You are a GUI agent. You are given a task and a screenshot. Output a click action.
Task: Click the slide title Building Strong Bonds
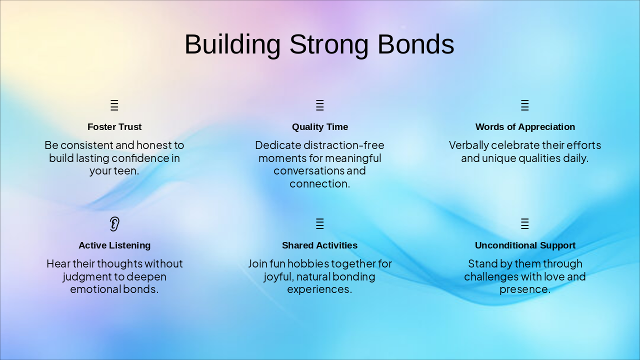(x=319, y=44)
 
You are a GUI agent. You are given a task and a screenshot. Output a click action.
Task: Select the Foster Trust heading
(x=114, y=127)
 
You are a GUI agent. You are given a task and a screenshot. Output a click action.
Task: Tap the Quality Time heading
(x=320, y=127)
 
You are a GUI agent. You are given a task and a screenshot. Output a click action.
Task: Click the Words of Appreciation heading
(x=525, y=127)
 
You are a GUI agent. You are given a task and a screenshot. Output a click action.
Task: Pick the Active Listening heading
(x=114, y=245)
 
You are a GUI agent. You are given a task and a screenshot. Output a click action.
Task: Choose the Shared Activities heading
(x=319, y=245)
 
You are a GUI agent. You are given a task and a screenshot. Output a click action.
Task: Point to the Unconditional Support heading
(x=525, y=245)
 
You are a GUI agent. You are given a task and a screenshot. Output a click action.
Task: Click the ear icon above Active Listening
(x=114, y=224)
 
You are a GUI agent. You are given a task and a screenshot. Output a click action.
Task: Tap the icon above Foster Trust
(x=114, y=105)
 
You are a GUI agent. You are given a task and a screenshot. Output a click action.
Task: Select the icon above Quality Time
(x=320, y=105)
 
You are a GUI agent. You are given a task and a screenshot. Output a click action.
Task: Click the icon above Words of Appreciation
(x=524, y=105)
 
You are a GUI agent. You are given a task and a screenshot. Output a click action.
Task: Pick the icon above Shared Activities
(x=320, y=224)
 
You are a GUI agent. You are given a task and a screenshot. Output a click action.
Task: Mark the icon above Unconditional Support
(x=524, y=224)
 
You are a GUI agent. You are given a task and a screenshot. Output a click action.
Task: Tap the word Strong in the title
(x=328, y=44)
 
